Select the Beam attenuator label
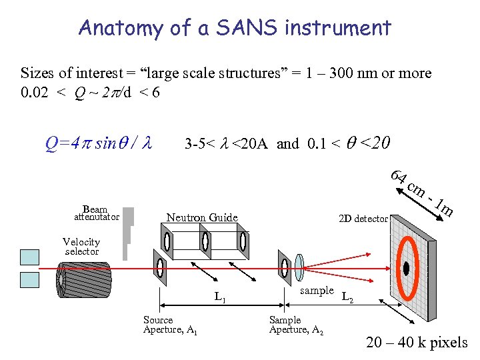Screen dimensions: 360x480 [x=96, y=213]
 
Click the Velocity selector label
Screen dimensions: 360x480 [x=81, y=247]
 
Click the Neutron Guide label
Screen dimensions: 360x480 [x=201, y=217]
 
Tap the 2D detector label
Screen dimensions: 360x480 [x=363, y=219]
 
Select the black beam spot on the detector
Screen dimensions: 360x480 [x=405, y=269]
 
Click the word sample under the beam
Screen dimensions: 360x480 [x=317, y=290]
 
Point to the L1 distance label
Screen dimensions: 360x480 [x=220, y=297]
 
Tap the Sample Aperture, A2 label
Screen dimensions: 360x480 [x=296, y=325]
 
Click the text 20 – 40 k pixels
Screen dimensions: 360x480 [x=417, y=343]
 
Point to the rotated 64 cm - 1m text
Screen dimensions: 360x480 [x=423, y=193]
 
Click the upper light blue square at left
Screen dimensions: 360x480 [x=30, y=257]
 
